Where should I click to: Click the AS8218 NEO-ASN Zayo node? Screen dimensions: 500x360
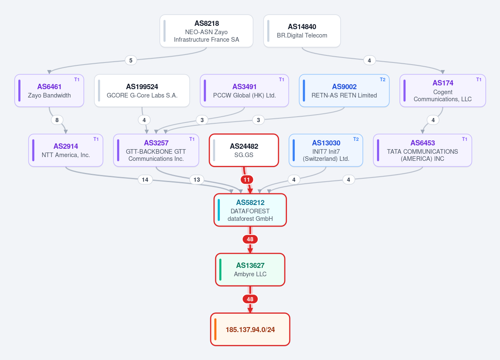click(x=206, y=31)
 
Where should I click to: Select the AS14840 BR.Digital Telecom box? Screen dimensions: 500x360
click(x=302, y=31)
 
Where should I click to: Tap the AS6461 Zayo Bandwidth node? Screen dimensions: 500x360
click(x=49, y=90)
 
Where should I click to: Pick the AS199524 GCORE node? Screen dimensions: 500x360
click(x=142, y=90)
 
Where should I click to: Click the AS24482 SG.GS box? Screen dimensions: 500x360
click(x=244, y=150)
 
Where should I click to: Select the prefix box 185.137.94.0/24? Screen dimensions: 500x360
click(x=250, y=330)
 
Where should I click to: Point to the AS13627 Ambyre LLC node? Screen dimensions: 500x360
click(x=250, y=270)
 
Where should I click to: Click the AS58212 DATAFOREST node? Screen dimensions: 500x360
click(x=250, y=210)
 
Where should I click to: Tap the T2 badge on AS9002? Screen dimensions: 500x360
click(x=383, y=80)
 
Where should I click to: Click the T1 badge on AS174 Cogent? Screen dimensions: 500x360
click(x=479, y=80)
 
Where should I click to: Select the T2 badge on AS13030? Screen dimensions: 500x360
click(x=356, y=139)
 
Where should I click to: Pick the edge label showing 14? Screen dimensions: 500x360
click(x=145, y=180)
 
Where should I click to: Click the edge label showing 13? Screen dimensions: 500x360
click(x=197, y=180)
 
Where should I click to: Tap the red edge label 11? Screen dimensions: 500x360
click(x=247, y=180)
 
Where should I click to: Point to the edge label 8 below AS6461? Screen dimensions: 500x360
click(x=57, y=120)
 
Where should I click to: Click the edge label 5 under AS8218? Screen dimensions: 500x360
click(x=131, y=60)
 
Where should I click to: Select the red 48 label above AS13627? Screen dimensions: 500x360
click(x=250, y=239)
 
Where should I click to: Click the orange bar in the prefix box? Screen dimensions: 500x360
click(x=216, y=330)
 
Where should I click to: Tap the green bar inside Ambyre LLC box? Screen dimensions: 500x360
click(x=220, y=270)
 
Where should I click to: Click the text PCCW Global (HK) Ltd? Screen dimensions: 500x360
click(x=245, y=95)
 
